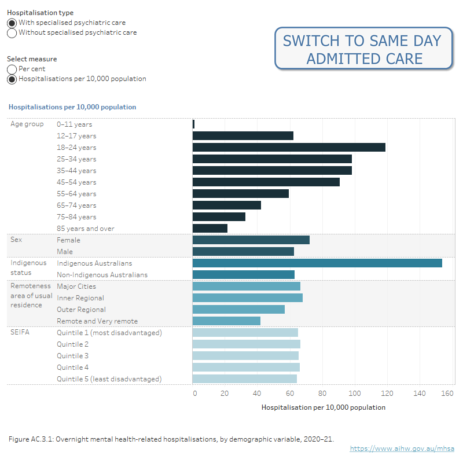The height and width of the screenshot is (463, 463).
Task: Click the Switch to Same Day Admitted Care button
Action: point(362,49)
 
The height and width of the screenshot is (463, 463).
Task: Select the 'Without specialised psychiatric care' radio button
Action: point(12,33)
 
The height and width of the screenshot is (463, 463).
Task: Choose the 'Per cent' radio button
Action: point(12,69)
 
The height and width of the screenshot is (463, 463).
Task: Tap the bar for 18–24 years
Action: point(288,148)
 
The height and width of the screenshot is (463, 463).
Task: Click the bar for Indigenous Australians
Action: point(317,263)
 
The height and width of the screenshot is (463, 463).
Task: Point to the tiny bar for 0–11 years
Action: point(193,124)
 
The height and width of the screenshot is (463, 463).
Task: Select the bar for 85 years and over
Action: point(210,229)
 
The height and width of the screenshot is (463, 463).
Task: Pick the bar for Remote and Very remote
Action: point(226,321)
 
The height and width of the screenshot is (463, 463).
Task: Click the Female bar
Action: point(251,240)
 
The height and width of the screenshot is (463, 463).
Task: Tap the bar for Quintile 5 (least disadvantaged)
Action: point(244,379)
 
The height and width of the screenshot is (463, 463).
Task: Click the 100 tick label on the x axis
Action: point(354,394)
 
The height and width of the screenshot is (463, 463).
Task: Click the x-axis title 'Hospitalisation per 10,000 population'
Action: point(323,407)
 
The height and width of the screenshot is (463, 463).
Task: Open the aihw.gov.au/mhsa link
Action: point(402,449)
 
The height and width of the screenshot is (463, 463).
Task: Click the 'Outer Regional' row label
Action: point(81,310)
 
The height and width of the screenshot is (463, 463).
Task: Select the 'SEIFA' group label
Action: point(20,333)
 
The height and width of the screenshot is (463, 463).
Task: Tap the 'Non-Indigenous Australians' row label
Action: point(102,275)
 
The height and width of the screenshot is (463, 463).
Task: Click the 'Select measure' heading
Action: point(32,59)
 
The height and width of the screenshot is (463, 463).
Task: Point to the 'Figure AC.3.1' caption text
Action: point(171,439)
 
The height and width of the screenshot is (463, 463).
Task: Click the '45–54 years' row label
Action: point(76,182)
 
